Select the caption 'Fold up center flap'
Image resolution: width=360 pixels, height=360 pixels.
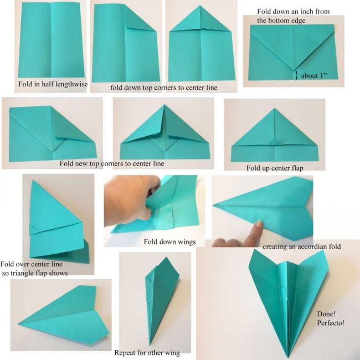[275, 167]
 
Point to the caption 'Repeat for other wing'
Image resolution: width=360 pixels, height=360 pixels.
[147, 353]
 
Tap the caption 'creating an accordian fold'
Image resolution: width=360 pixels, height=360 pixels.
[301, 246]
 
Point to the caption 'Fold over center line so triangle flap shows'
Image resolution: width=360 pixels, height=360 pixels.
[34, 269]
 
